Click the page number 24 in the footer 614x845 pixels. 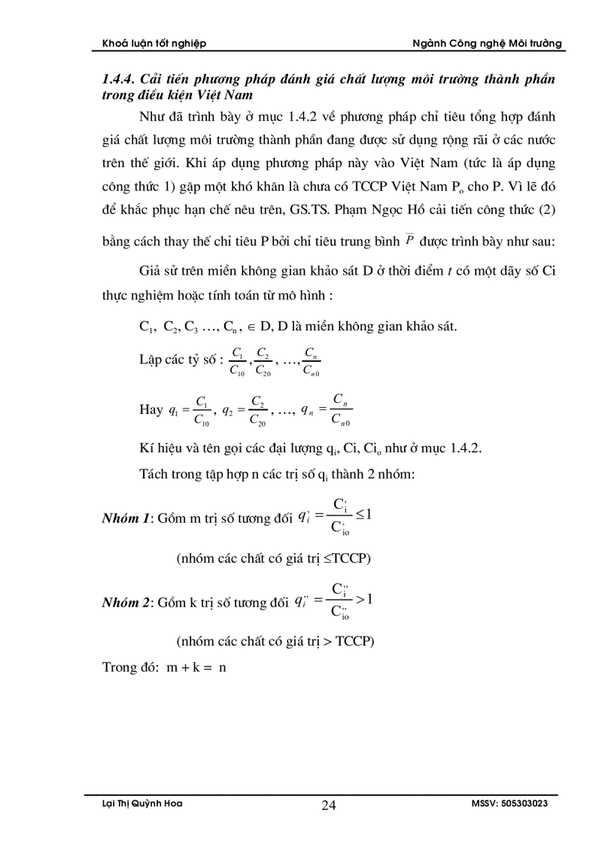(x=329, y=806)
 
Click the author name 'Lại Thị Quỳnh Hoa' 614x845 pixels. (x=142, y=804)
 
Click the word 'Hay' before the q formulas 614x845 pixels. (x=151, y=409)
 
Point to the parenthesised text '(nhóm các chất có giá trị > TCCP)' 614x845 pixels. (x=275, y=642)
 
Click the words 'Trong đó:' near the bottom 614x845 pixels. (x=128, y=667)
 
